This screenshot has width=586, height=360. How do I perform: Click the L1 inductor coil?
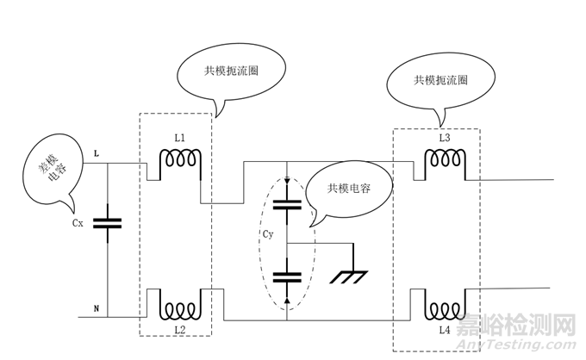[x=181, y=160]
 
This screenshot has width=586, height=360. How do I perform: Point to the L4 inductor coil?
[x=445, y=308]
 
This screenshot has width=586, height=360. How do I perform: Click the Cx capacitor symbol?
[x=107, y=223]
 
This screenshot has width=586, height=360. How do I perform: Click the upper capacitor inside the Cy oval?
[x=286, y=206]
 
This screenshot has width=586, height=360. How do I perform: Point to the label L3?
[x=444, y=138]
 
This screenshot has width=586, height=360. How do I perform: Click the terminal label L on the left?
[x=96, y=152]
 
